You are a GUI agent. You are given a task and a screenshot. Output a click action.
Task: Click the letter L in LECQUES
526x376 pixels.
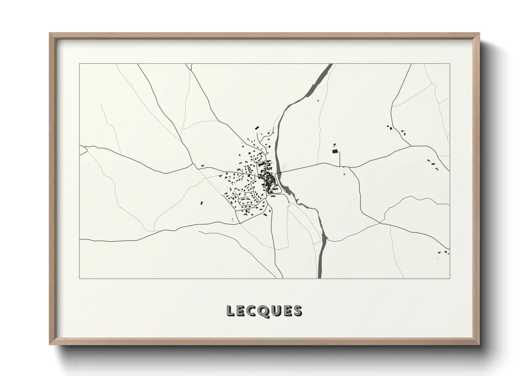pyautogui.click(x=230, y=311)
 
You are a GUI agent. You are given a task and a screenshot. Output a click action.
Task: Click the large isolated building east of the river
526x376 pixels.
pyautogui.click(x=334, y=151)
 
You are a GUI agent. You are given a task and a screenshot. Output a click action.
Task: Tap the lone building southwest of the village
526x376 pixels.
pyautogui.click(x=202, y=203)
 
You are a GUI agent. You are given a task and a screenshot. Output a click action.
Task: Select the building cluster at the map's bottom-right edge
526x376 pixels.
pyautogui.click(x=444, y=252)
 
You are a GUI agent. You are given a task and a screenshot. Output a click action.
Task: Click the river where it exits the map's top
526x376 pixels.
pyautogui.click(x=330, y=65)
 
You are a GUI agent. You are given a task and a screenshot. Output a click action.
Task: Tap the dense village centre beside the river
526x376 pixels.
pyautogui.click(x=270, y=181)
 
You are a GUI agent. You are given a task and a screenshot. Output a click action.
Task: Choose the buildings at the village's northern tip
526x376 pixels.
pyautogui.click(x=256, y=128)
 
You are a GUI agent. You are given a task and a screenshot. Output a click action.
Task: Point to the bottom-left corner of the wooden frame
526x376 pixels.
pyautogui.click(x=50, y=344)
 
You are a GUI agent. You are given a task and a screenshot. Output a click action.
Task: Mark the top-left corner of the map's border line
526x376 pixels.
pyautogui.click(x=79, y=64)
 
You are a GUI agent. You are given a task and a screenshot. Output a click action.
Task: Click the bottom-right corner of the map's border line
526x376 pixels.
pyautogui.click(x=450, y=278)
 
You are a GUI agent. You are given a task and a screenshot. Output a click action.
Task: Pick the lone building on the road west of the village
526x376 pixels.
pyautogui.click(x=202, y=166)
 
